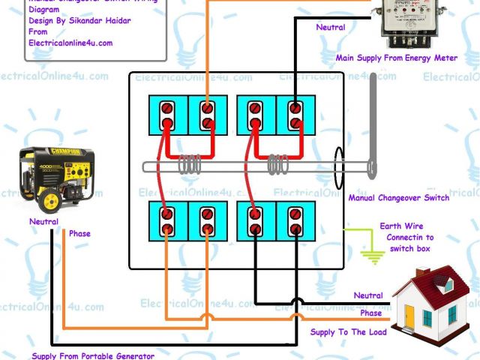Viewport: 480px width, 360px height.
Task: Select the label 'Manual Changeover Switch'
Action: [398, 198]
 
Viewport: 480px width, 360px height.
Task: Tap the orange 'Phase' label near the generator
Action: [79, 234]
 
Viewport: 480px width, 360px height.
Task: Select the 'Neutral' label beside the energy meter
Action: [331, 28]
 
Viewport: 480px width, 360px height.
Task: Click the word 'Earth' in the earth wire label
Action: [390, 226]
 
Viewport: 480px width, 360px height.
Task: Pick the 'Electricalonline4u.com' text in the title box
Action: [70, 43]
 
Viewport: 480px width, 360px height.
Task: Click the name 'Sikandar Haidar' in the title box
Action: [105, 21]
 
